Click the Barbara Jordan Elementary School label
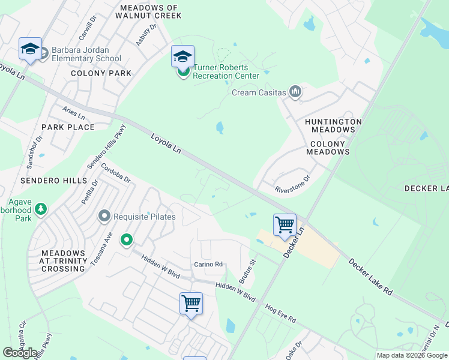(86, 54)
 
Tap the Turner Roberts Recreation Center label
(226, 72)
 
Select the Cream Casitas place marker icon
(295, 92)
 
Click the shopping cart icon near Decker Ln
(285, 225)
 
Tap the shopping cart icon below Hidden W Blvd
(191, 303)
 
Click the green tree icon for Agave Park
(41, 209)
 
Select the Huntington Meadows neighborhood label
(333, 125)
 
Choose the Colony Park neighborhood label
(101, 73)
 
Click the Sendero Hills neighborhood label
(50, 181)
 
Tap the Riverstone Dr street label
(292, 184)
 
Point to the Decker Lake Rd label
(371, 277)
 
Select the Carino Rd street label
(208, 264)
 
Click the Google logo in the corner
(20, 353)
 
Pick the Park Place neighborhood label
(68, 127)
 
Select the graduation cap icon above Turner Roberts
(182, 56)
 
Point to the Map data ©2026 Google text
(412, 355)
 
